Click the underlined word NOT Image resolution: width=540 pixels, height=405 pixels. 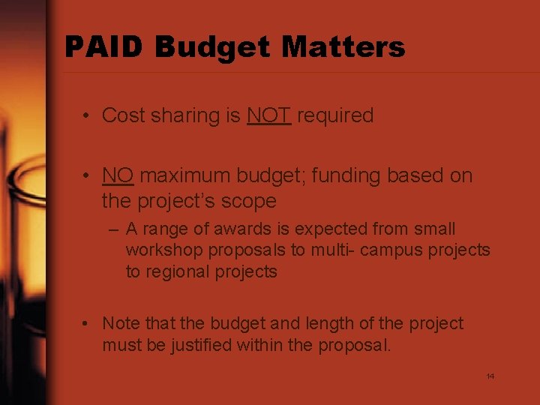(x=268, y=115)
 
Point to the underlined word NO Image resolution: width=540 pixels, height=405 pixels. (x=118, y=175)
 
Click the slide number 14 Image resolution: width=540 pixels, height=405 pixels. (x=490, y=376)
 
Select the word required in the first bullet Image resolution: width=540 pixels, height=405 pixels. (x=335, y=115)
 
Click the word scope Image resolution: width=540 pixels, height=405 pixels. (x=250, y=202)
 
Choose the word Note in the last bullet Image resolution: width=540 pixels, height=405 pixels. (x=120, y=323)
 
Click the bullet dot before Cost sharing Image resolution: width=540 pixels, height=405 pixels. (x=88, y=116)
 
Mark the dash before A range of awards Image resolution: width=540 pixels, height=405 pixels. (x=114, y=229)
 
